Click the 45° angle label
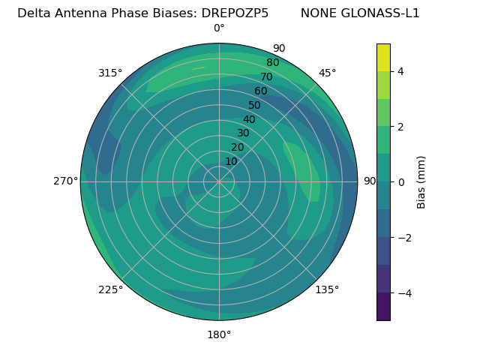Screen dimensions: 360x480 click(327, 73)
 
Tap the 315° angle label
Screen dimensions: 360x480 click(110, 73)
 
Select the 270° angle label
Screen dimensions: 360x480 click(65, 181)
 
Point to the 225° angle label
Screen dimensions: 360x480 click(110, 290)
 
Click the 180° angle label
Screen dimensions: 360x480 click(219, 334)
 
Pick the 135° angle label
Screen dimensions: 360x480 click(327, 290)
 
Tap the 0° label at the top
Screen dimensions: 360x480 click(219, 28)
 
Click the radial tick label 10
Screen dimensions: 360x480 click(231, 161)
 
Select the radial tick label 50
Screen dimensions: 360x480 click(254, 106)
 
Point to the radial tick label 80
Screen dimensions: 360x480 click(272, 63)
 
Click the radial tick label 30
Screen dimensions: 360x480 click(243, 133)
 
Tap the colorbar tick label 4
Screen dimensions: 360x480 click(401, 72)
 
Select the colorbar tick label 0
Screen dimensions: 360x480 click(401, 182)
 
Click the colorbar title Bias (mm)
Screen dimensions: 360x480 click(421, 182)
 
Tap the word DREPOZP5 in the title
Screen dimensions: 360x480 click(235, 13)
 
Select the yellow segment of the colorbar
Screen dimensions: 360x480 click(383, 58)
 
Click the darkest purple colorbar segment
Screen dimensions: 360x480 click(383, 307)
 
